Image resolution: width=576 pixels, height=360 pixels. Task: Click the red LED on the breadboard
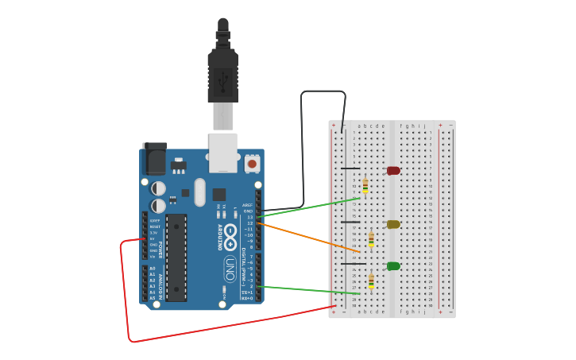393,170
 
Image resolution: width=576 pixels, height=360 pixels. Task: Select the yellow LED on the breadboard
393,224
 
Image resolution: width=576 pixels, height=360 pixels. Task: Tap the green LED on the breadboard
393,265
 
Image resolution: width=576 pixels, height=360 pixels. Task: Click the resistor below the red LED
365,186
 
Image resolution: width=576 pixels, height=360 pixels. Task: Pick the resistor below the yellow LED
371,238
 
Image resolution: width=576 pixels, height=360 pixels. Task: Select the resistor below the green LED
371,281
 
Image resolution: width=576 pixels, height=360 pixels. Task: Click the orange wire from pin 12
310,238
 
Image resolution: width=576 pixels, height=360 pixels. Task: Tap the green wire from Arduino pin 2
310,290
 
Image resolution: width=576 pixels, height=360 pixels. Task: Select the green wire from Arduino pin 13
310,207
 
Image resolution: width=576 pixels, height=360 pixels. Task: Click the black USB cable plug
222,72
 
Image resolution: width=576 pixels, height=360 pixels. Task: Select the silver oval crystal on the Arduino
199,192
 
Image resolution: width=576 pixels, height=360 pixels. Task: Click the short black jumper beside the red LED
350,168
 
